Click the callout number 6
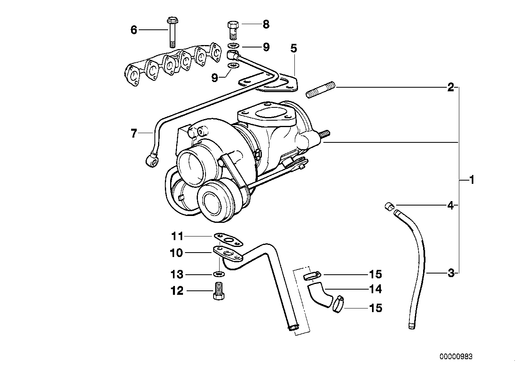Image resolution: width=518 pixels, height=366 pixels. (134, 29)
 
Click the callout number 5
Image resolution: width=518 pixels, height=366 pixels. (294, 49)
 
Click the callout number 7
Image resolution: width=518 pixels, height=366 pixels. (134, 133)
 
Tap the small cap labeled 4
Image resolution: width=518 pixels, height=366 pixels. (388, 207)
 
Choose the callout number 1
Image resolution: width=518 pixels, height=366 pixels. (472, 180)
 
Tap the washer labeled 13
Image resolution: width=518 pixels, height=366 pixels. (218, 274)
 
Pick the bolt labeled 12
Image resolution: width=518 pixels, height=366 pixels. (218, 291)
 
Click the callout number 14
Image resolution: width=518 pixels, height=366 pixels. (375, 289)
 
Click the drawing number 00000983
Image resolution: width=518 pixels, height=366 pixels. (456, 357)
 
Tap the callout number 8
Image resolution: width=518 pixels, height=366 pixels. (266, 24)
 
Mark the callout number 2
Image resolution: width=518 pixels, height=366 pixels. (451, 87)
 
